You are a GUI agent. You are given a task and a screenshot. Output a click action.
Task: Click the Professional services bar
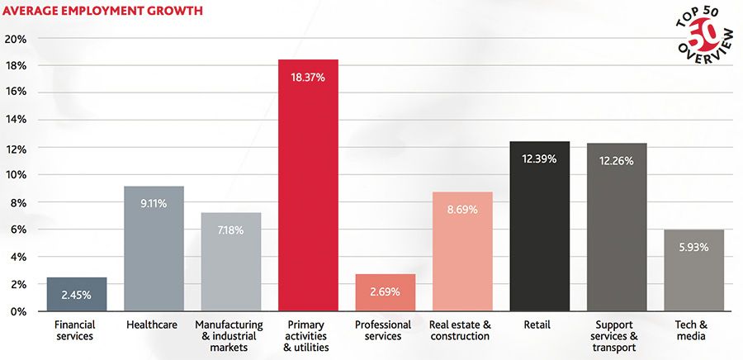[x=386, y=292]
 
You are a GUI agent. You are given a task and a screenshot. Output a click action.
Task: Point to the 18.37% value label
[x=308, y=78]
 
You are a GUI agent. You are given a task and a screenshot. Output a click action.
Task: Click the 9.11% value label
[x=154, y=203]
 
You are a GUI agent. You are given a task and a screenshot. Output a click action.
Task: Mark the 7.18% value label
[x=231, y=230]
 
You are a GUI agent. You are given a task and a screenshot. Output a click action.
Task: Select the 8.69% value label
[x=462, y=210]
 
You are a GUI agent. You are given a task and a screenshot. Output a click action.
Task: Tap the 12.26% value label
[x=617, y=161]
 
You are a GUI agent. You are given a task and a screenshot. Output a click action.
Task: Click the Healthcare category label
[x=152, y=325]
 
